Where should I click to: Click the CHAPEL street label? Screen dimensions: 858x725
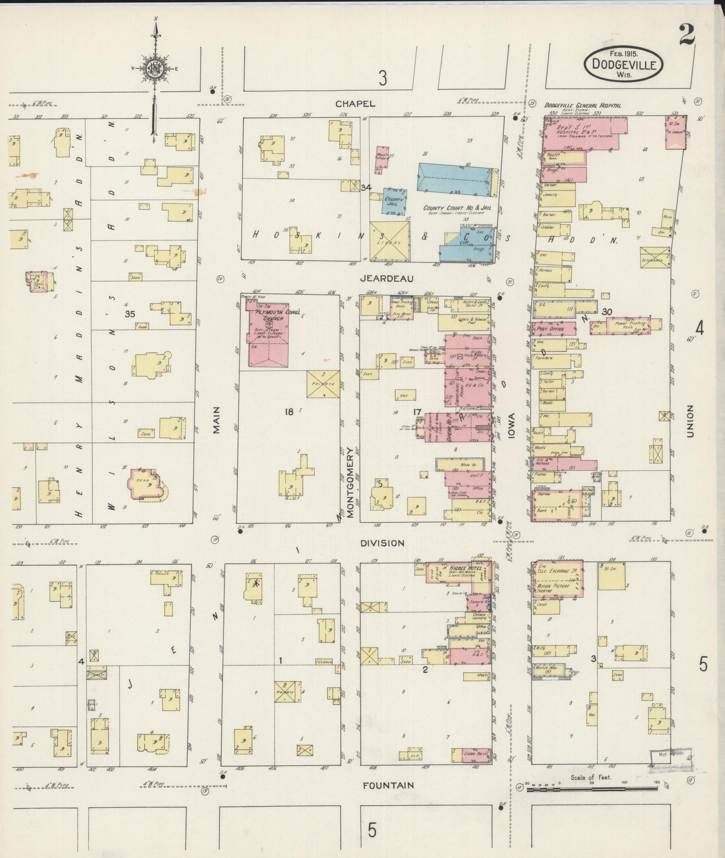point(355,104)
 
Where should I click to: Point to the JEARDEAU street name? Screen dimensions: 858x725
point(386,278)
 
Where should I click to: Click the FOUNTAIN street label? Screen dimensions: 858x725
point(388,785)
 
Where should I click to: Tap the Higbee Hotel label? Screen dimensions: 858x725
point(465,568)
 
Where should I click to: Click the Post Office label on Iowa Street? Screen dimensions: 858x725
point(550,329)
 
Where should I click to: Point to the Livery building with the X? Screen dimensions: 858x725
point(390,242)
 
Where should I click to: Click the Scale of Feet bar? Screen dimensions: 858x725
point(592,788)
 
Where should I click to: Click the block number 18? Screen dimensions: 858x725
point(288,412)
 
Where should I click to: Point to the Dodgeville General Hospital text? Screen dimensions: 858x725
point(583,106)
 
